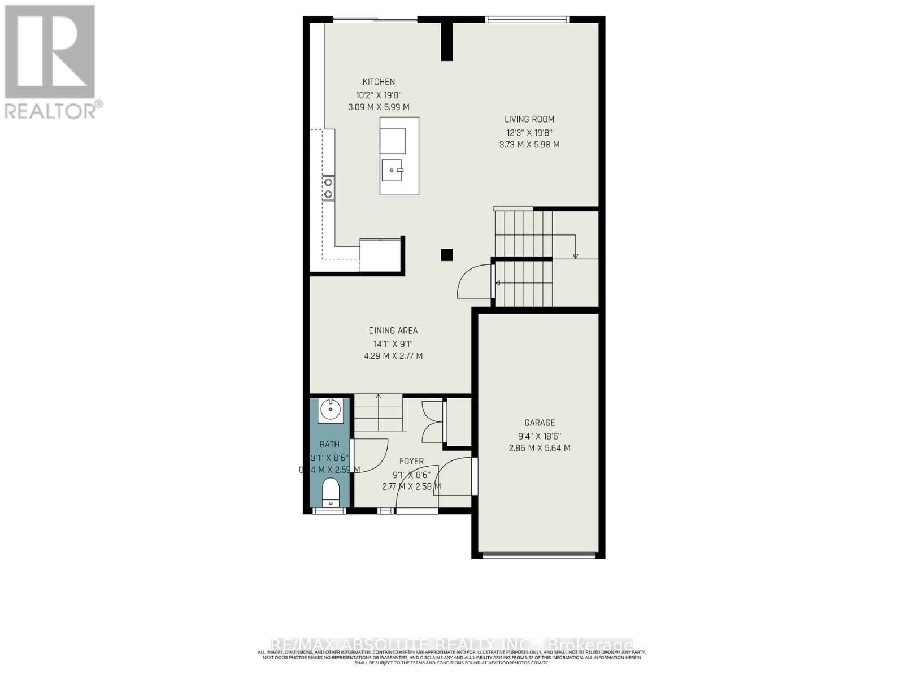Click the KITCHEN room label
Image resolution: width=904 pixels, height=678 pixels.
(379, 82)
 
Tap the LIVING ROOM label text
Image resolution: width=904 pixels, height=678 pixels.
(529, 119)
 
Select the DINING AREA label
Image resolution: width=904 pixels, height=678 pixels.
(393, 331)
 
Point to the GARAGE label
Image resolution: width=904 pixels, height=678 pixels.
(540, 423)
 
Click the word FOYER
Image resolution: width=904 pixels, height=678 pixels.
(411, 461)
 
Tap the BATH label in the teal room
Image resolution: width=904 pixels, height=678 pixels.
(329, 445)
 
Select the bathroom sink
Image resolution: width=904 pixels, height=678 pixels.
(329, 410)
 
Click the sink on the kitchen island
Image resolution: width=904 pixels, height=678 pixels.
(393, 169)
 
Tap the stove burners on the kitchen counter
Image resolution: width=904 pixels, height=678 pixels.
(328, 188)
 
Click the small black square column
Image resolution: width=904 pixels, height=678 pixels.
(446, 255)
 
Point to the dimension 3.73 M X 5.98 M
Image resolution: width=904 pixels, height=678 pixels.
(529, 145)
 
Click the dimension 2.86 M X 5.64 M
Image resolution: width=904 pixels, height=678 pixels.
(540, 448)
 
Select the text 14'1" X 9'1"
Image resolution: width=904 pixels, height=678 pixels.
(393, 344)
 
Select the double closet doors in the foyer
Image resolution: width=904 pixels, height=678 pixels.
(432, 421)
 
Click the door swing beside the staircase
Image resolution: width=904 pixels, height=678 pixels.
(473, 282)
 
